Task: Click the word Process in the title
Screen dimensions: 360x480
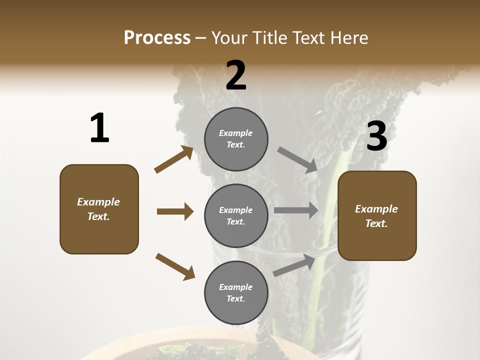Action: click(157, 37)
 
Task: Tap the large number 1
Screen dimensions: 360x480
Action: click(99, 128)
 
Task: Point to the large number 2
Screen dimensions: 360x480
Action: click(236, 75)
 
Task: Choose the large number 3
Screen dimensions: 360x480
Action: click(376, 136)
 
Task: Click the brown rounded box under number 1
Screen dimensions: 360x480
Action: click(99, 209)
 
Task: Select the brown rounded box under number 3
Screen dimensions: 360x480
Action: click(377, 215)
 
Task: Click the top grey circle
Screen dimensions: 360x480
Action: click(236, 139)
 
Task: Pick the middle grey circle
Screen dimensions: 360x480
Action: click(236, 215)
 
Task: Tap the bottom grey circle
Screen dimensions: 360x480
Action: click(236, 292)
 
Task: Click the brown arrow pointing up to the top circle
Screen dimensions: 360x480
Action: click(174, 159)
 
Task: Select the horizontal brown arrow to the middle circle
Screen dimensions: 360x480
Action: click(175, 211)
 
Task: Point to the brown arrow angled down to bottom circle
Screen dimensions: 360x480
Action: click(175, 266)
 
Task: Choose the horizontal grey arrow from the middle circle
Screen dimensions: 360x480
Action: click(296, 210)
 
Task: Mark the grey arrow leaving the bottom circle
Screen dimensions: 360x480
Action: click(294, 265)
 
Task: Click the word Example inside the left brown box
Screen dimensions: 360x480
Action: click(98, 202)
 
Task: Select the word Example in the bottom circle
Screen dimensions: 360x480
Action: click(235, 287)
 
